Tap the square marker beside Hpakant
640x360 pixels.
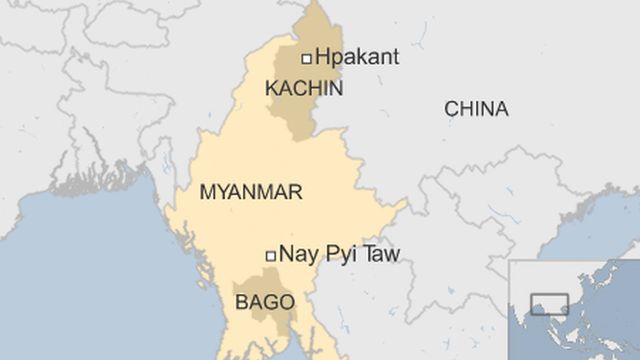tap(306, 58)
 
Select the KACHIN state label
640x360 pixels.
tap(304, 89)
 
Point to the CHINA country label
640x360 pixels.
tap(476, 109)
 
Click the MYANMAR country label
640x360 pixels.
tap(251, 192)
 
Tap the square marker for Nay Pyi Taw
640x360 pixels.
tap(269, 256)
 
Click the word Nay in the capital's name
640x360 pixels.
tap(298, 255)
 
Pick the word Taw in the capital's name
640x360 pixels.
tap(381, 255)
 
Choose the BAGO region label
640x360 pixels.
tap(264, 301)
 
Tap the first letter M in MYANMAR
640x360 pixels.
tap(208, 192)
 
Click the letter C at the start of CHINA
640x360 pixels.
tap(450, 109)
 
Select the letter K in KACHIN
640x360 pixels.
tap(271, 89)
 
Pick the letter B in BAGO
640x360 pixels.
tap(241, 301)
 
